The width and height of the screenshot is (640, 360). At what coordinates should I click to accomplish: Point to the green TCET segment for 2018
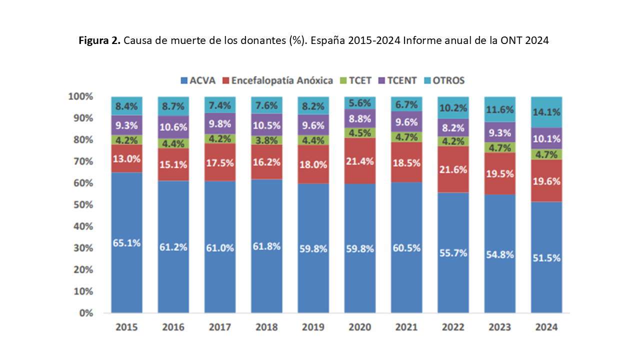(x=266, y=140)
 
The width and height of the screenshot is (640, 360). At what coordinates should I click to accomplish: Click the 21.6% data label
(x=453, y=169)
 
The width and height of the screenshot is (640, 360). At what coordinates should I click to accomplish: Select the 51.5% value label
(x=546, y=258)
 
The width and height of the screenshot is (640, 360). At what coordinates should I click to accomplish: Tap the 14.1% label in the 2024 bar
(x=546, y=112)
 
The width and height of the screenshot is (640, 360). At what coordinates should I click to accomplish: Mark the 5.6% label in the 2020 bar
(x=360, y=103)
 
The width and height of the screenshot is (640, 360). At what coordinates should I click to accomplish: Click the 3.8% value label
(x=266, y=140)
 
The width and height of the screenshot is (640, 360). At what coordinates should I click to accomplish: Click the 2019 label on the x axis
(x=313, y=327)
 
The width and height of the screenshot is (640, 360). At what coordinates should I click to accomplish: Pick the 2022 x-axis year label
(x=453, y=327)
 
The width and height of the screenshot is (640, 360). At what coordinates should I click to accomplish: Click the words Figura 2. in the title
(x=99, y=41)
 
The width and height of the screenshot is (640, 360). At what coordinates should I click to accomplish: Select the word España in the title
(x=328, y=41)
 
